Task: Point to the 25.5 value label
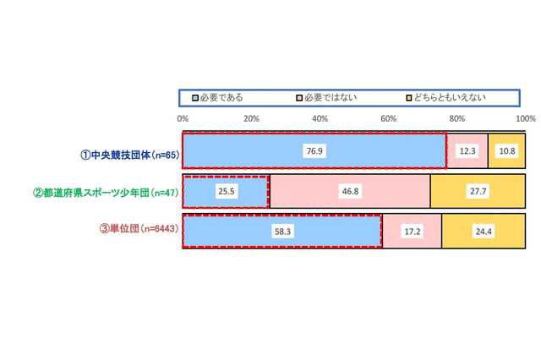click(x=226, y=192)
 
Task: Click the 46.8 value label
click(x=349, y=192)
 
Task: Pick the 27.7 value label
click(x=478, y=192)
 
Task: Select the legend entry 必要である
click(x=221, y=97)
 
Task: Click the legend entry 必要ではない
click(x=330, y=97)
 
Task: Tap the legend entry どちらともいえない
click(x=449, y=97)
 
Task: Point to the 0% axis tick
click(x=183, y=117)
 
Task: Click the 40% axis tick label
click(x=320, y=117)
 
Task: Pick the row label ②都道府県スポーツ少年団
click(x=105, y=193)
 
